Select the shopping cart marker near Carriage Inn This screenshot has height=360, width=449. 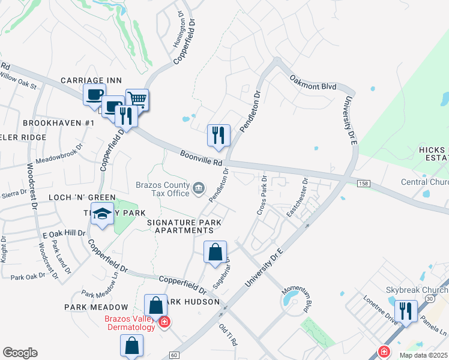pyautogui.click(x=137, y=100)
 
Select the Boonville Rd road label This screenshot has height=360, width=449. pyautogui.click(x=201, y=158)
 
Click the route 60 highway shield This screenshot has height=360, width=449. pyautogui.click(x=174, y=355)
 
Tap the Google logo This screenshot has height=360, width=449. pyautogui.click(x=20, y=353)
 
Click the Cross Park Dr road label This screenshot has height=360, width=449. pyautogui.click(x=262, y=196)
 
